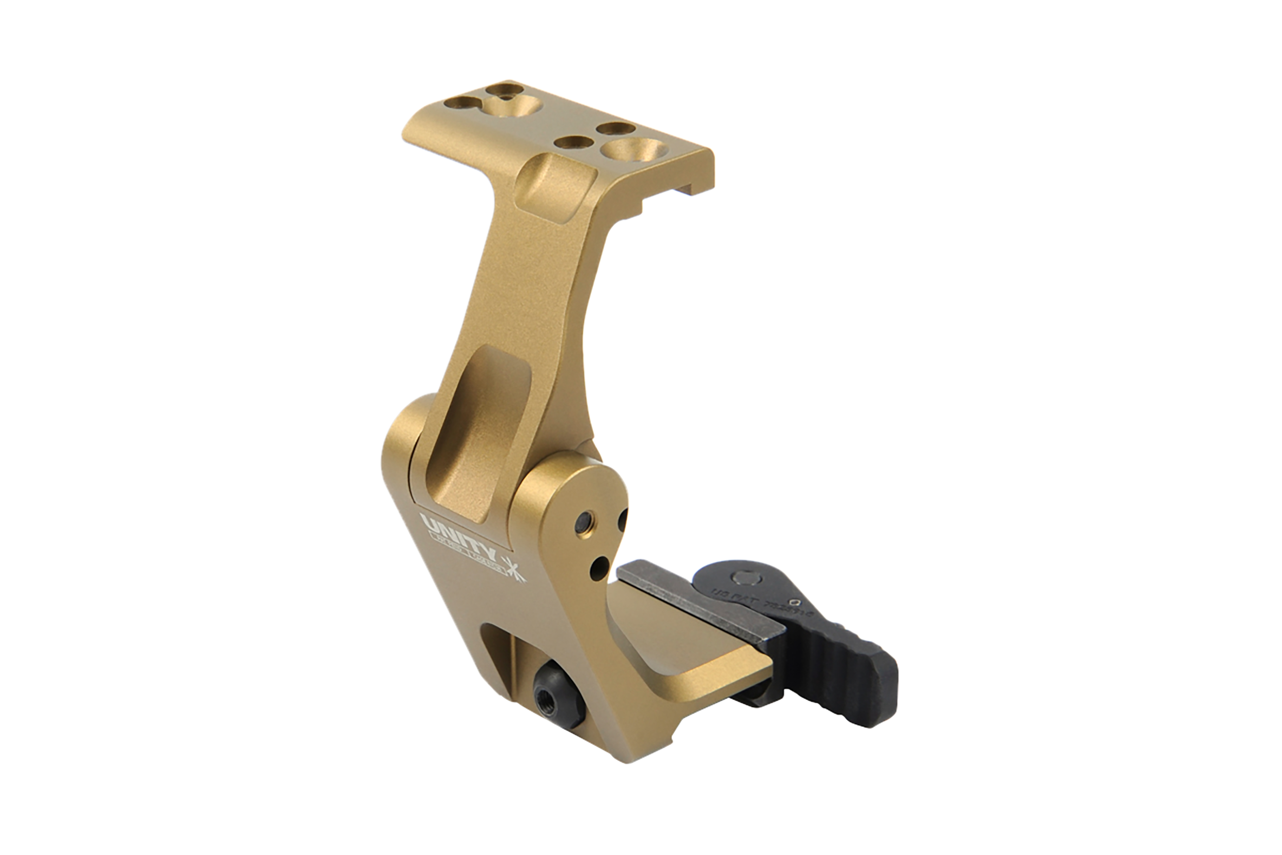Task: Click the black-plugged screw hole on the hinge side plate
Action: pos(586,521)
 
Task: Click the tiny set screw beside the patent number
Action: pos(797,603)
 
